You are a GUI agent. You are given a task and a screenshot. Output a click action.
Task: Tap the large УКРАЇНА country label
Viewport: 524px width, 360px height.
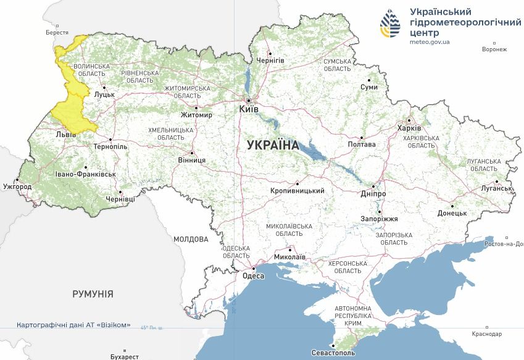tap(272, 146)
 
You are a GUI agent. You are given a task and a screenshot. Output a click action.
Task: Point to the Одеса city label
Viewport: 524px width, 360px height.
tap(253, 276)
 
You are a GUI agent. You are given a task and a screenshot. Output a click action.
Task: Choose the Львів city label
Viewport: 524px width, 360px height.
tap(66, 133)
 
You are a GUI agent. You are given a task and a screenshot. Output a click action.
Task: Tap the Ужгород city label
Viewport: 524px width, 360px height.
tap(17, 186)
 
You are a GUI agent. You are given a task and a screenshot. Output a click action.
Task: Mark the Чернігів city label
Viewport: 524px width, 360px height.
tap(270, 60)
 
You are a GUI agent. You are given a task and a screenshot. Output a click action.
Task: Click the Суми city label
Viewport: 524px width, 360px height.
tap(369, 88)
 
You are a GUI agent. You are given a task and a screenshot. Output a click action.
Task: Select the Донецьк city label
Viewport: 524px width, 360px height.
tap(452, 213)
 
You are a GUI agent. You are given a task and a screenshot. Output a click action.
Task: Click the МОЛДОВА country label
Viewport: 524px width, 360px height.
tap(191, 238)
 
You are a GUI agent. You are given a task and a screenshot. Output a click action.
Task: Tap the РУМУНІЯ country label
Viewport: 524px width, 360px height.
tap(93, 294)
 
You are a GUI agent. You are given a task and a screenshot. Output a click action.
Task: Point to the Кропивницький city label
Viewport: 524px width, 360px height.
tap(297, 191)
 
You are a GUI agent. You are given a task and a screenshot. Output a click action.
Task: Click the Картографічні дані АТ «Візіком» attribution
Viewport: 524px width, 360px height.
tap(73, 325)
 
